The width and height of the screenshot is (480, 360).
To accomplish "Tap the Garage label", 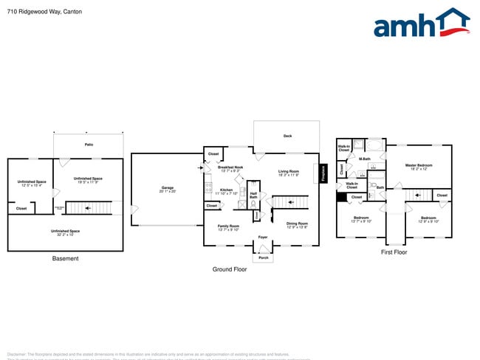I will (168, 188).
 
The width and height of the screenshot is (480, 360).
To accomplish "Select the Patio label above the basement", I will (89, 145).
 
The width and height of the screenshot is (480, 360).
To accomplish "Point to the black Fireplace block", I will (323, 173).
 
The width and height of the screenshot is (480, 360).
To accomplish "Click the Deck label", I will (287, 136).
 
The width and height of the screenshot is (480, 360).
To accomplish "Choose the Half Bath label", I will (253, 196).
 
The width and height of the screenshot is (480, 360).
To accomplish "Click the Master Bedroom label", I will (419, 165).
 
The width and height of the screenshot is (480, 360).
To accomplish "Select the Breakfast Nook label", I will (231, 167).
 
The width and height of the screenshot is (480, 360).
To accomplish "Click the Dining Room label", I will (297, 223).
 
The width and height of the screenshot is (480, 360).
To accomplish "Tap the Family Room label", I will (228, 226).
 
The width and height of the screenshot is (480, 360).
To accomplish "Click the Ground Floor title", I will (229, 269).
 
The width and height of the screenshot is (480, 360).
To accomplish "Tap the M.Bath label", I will (364, 159).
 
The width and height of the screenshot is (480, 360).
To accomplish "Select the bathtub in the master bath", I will (375, 145).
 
